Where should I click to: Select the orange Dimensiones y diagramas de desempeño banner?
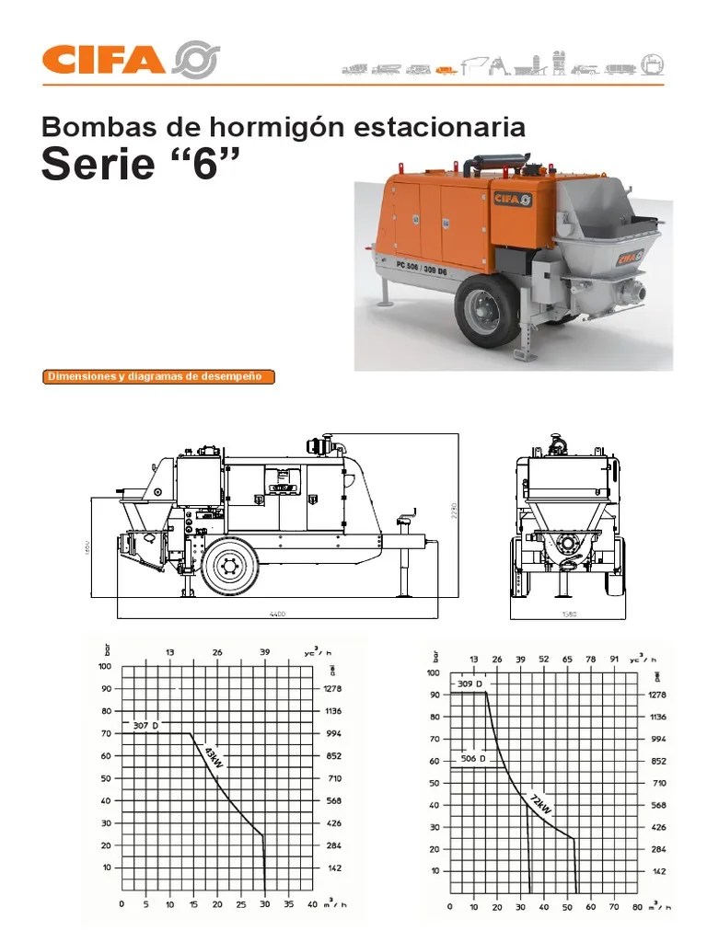(159, 376)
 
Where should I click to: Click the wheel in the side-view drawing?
(229, 569)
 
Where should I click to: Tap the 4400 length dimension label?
(277, 614)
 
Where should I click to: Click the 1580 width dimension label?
(568, 614)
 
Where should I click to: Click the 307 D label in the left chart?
(145, 726)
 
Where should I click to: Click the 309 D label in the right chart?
(469, 685)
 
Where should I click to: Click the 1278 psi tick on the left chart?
(333, 688)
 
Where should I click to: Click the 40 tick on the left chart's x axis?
(313, 904)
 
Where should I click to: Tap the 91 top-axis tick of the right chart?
(614, 660)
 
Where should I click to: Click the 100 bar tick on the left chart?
(105, 666)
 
